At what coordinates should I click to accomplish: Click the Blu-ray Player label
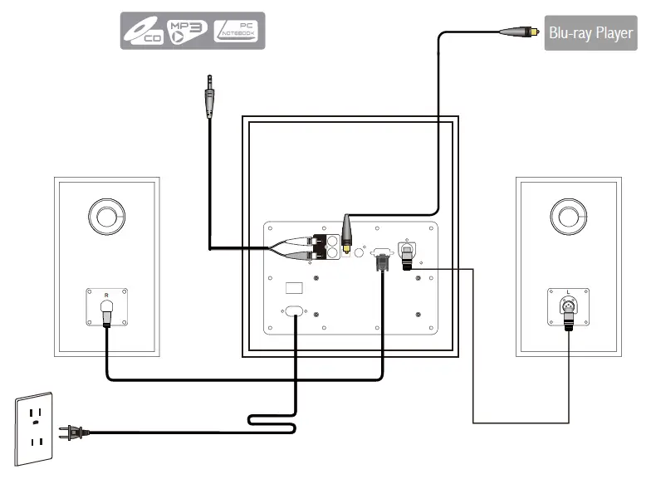[x=590, y=34]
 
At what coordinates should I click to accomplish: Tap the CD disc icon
[x=142, y=32]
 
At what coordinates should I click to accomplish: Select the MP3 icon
[x=188, y=31]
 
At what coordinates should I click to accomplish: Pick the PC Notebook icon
[x=237, y=31]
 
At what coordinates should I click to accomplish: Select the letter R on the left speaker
[x=105, y=295]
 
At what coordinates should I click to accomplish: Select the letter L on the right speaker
[x=568, y=292]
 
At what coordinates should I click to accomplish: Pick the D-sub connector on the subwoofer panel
[x=381, y=257]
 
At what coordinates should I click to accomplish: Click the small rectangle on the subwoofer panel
[x=294, y=289]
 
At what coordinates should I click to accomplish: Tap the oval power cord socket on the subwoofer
[x=295, y=313]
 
